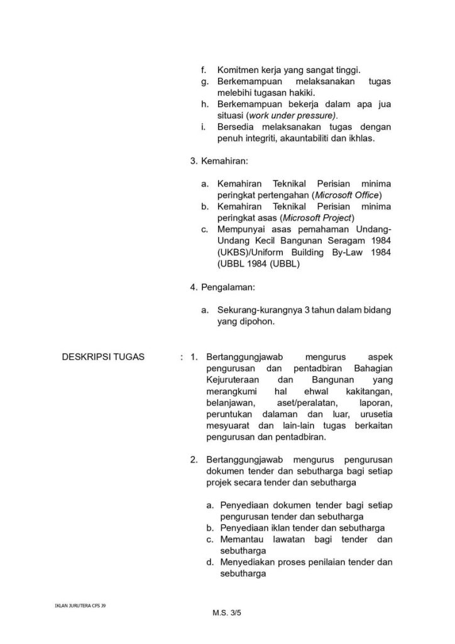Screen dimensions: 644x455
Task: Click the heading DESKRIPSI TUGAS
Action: [103, 357]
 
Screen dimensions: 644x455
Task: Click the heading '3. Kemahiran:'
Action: [219, 161]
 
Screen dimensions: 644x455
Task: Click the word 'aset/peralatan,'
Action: [304, 403]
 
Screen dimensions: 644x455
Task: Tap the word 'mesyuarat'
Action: [226, 426]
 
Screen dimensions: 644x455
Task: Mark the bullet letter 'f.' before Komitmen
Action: [204, 70]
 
